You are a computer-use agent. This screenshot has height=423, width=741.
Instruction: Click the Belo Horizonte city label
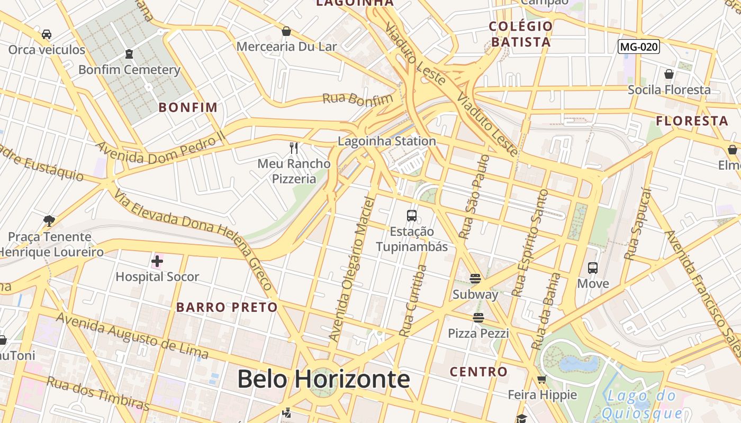tap(323, 379)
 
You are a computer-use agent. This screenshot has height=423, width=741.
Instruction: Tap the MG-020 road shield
tap(639, 47)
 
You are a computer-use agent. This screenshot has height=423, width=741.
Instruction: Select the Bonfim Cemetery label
tap(129, 70)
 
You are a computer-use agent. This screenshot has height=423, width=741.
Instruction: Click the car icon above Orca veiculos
tap(47, 34)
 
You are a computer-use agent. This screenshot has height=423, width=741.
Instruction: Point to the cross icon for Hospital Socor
tap(157, 261)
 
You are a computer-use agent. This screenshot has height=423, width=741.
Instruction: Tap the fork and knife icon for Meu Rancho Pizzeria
tap(294, 148)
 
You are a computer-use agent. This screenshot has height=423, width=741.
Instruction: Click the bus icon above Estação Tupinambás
tap(412, 215)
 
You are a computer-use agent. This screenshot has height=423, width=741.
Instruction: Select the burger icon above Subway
tap(475, 278)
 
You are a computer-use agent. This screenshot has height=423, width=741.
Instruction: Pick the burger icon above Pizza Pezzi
tap(478, 317)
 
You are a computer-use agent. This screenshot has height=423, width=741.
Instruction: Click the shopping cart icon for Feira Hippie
tap(541, 379)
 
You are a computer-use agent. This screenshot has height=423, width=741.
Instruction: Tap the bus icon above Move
tap(593, 268)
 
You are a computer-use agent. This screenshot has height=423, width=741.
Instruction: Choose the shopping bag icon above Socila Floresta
tap(669, 74)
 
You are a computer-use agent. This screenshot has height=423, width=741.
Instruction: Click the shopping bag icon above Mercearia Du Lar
tap(286, 31)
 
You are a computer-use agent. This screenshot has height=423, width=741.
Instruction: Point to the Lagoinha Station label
tap(387, 141)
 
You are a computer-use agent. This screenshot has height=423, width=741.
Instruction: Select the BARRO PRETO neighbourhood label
tap(227, 307)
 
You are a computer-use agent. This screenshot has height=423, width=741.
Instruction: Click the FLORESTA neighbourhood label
tap(692, 121)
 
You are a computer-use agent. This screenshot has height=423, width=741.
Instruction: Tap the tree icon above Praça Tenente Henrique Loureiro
tap(49, 220)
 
